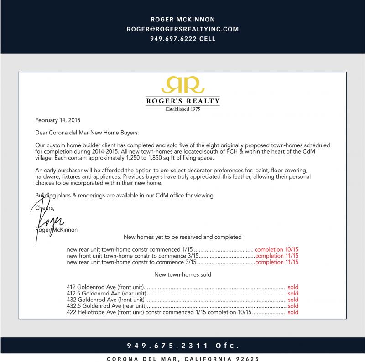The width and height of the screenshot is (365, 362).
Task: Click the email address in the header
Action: pos(182,29)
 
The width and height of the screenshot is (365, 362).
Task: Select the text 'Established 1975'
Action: pos(182,109)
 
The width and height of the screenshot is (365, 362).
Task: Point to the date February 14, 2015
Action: pos(57,121)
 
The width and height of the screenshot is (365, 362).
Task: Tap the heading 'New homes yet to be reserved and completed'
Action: pos(182,237)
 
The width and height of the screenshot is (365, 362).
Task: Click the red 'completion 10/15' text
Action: pos(276,250)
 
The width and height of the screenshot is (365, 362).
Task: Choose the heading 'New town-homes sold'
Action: pos(182,274)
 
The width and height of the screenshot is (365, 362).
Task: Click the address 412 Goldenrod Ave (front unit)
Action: pos(105,287)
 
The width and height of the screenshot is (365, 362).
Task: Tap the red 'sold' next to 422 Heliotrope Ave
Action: pos(293,312)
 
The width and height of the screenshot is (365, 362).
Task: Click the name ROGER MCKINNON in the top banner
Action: pos(182,20)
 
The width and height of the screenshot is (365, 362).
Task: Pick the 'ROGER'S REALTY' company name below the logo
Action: pos(182,101)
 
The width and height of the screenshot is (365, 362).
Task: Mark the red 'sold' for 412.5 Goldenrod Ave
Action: pos(293,294)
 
